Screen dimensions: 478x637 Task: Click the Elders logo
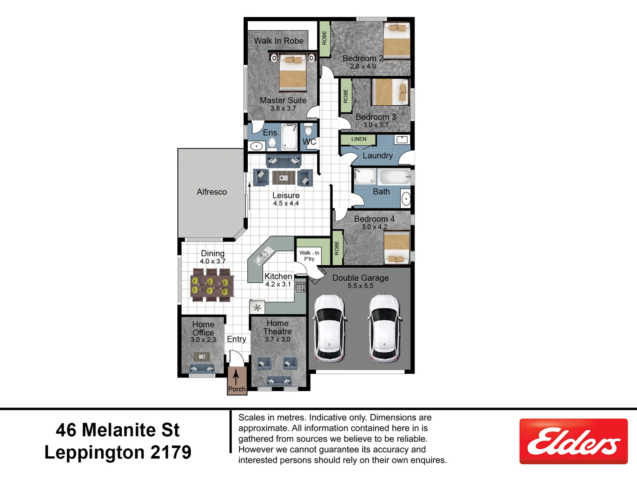573,441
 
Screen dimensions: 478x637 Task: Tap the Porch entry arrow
236,377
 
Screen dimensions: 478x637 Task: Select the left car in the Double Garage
329,328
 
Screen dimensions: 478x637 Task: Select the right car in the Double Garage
384,328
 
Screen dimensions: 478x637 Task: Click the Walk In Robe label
278,41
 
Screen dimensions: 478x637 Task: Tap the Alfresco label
211,192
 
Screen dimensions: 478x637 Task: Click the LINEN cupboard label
358,139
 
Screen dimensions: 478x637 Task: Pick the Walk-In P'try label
309,256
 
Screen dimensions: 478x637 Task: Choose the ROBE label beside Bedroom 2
324,38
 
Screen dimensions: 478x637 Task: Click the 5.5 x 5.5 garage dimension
360,286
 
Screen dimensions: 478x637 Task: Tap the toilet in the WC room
308,130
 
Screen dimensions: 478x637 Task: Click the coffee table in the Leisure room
283,177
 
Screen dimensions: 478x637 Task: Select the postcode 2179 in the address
171,452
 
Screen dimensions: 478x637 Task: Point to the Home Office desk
202,356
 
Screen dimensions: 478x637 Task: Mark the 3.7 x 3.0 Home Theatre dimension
277,339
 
